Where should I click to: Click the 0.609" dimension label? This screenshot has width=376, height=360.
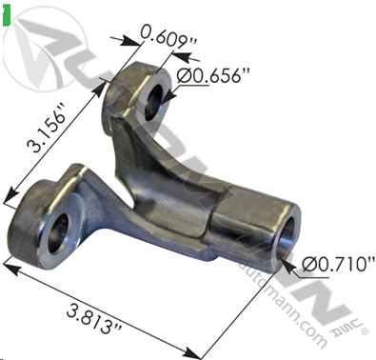(x=169, y=38)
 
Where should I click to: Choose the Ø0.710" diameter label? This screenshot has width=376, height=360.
(x=338, y=264)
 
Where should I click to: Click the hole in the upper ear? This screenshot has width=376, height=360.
(x=153, y=103)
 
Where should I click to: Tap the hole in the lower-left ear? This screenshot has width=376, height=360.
(x=59, y=233)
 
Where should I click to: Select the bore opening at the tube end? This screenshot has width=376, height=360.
(x=289, y=237)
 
